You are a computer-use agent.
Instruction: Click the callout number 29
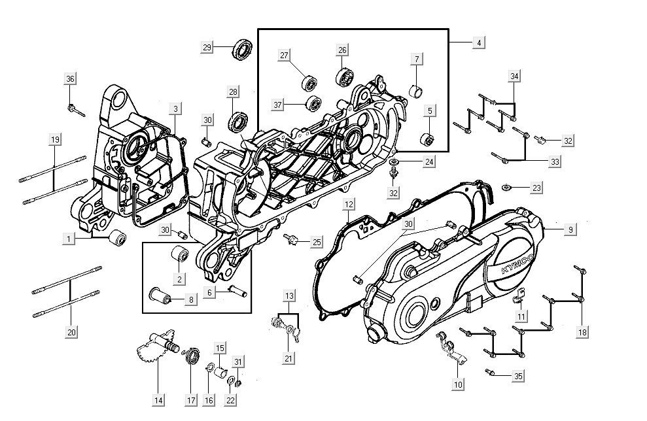coord(207,48)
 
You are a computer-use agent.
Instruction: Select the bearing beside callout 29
coord(243,50)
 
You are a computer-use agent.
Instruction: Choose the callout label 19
coord(55,139)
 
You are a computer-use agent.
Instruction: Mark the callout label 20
coord(71,332)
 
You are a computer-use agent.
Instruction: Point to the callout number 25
coord(317,243)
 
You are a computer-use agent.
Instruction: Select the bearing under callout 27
coord(309,84)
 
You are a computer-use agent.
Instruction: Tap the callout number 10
coord(458,384)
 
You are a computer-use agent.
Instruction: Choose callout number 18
coord(582,332)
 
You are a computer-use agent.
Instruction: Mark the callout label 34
coord(515,76)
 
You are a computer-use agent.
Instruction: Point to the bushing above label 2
coord(179,254)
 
